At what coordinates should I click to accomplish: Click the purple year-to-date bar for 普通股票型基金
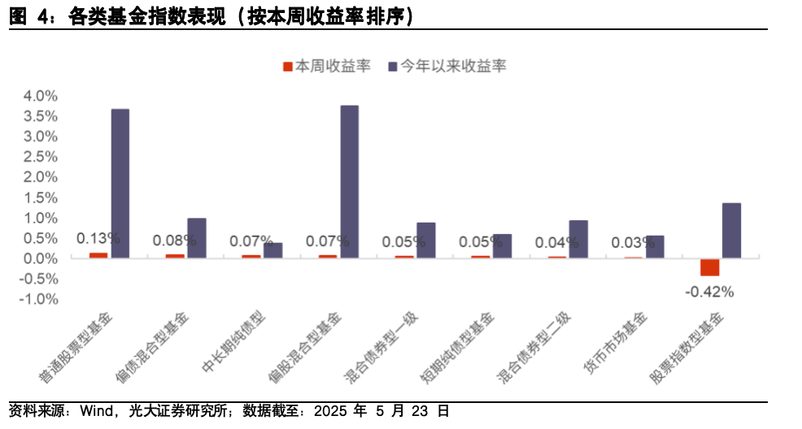point(120,184)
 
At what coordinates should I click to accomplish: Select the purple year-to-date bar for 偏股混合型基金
point(349,182)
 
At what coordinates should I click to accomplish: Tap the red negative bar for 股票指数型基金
point(709,267)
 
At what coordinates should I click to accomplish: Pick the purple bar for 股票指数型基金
point(731,231)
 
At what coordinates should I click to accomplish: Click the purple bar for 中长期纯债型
point(273,250)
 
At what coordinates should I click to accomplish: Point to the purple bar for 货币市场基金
point(655,247)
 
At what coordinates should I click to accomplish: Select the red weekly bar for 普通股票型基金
point(98,255)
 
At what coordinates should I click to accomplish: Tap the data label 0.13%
point(98,238)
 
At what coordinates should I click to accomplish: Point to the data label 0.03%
point(633,242)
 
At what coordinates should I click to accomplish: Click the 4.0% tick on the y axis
point(40,96)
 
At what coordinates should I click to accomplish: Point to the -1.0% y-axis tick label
point(38,299)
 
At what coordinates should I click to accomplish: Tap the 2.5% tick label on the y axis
point(40,157)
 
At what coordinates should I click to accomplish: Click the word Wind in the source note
point(95,411)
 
